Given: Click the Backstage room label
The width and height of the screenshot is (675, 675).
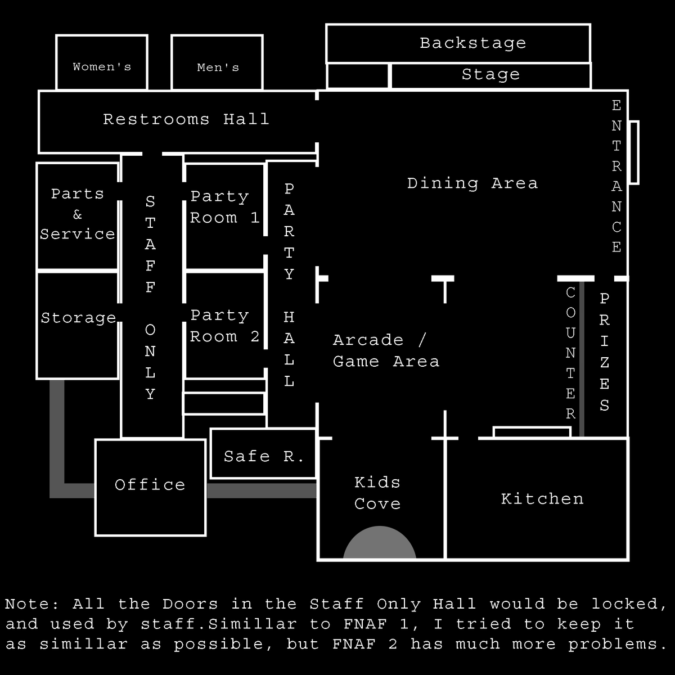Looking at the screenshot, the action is pos(472,43).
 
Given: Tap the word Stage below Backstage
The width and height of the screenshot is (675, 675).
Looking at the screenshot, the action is pos(490,75).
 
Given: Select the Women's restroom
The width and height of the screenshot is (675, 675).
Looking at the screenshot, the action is pos(102,67).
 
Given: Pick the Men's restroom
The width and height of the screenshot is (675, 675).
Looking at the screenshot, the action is pos(218,67).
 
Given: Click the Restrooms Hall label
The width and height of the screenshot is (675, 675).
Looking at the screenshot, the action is pos(186,119).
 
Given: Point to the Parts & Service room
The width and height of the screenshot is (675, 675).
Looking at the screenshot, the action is pos(78,214).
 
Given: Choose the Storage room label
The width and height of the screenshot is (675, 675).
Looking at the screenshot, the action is pos(78,318).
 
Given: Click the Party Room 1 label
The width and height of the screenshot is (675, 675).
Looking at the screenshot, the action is pos(224,207).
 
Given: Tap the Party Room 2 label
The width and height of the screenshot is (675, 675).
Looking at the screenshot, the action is pos(224,326).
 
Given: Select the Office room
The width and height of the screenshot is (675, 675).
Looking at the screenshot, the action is pos(150,485).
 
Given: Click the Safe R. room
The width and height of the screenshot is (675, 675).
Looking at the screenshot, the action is pos(263,456).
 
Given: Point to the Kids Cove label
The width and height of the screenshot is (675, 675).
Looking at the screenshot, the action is pos(377,493).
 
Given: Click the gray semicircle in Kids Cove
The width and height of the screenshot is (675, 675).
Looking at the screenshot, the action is pos(380,544).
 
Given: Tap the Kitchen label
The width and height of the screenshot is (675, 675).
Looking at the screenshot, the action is pos(542,499).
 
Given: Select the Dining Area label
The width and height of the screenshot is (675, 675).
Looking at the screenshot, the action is pos(472,183).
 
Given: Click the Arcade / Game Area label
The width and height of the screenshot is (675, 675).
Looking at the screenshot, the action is pos(386,350).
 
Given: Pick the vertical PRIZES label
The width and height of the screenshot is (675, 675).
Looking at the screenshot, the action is pos(604,352).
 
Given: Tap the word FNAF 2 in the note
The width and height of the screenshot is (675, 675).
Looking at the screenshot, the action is pos(365,644).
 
